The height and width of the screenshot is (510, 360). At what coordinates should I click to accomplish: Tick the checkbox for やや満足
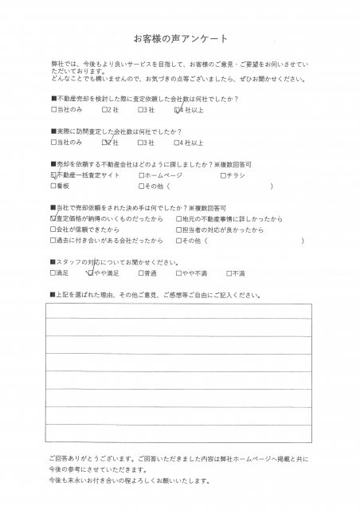click(91, 273)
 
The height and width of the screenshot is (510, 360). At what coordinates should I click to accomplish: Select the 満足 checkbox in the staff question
click(53, 273)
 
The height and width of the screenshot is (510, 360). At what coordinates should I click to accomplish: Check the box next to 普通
click(140, 273)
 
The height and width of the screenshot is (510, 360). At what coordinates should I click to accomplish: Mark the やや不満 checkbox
click(185, 273)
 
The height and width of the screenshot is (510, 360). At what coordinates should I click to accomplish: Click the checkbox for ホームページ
click(140, 175)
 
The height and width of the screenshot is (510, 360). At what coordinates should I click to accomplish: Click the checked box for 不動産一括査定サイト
click(53, 175)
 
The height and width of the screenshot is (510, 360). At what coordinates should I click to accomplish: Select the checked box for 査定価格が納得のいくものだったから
click(53, 217)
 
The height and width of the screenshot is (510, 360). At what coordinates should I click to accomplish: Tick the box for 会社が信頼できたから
click(53, 228)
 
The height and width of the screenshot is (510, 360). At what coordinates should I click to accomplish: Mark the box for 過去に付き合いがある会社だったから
click(53, 239)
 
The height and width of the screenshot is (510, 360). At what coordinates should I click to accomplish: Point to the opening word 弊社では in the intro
click(62, 70)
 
